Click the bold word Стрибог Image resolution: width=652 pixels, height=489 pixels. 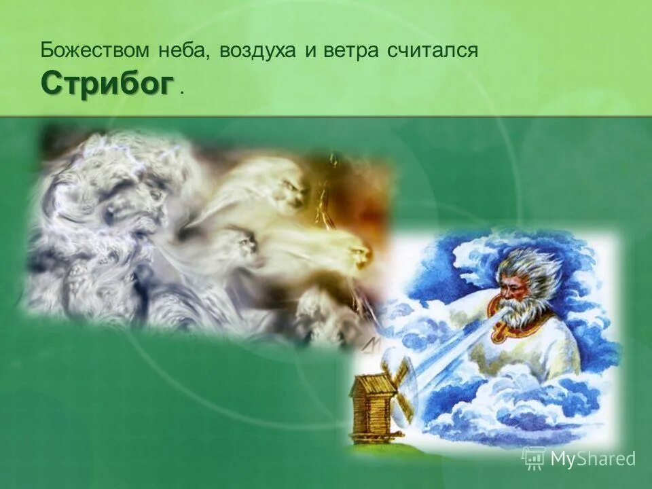[107, 84]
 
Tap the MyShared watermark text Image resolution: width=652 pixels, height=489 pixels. [592, 458]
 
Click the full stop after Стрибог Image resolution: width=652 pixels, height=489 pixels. [181, 93]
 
